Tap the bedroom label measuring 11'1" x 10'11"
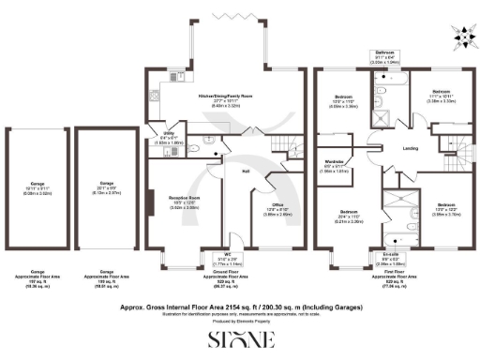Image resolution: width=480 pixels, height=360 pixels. [x=442, y=94]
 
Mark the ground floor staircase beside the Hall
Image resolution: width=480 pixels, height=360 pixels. [x=278, y=142]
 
